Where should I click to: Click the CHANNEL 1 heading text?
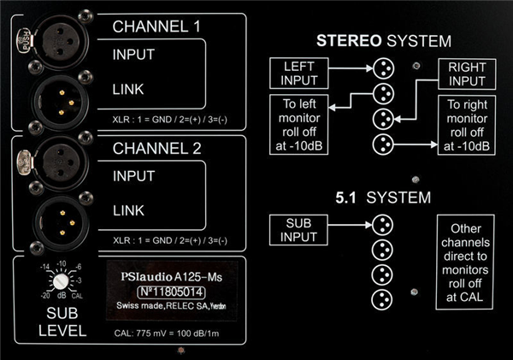(157, 27)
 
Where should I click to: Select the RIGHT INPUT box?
(467, 73)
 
